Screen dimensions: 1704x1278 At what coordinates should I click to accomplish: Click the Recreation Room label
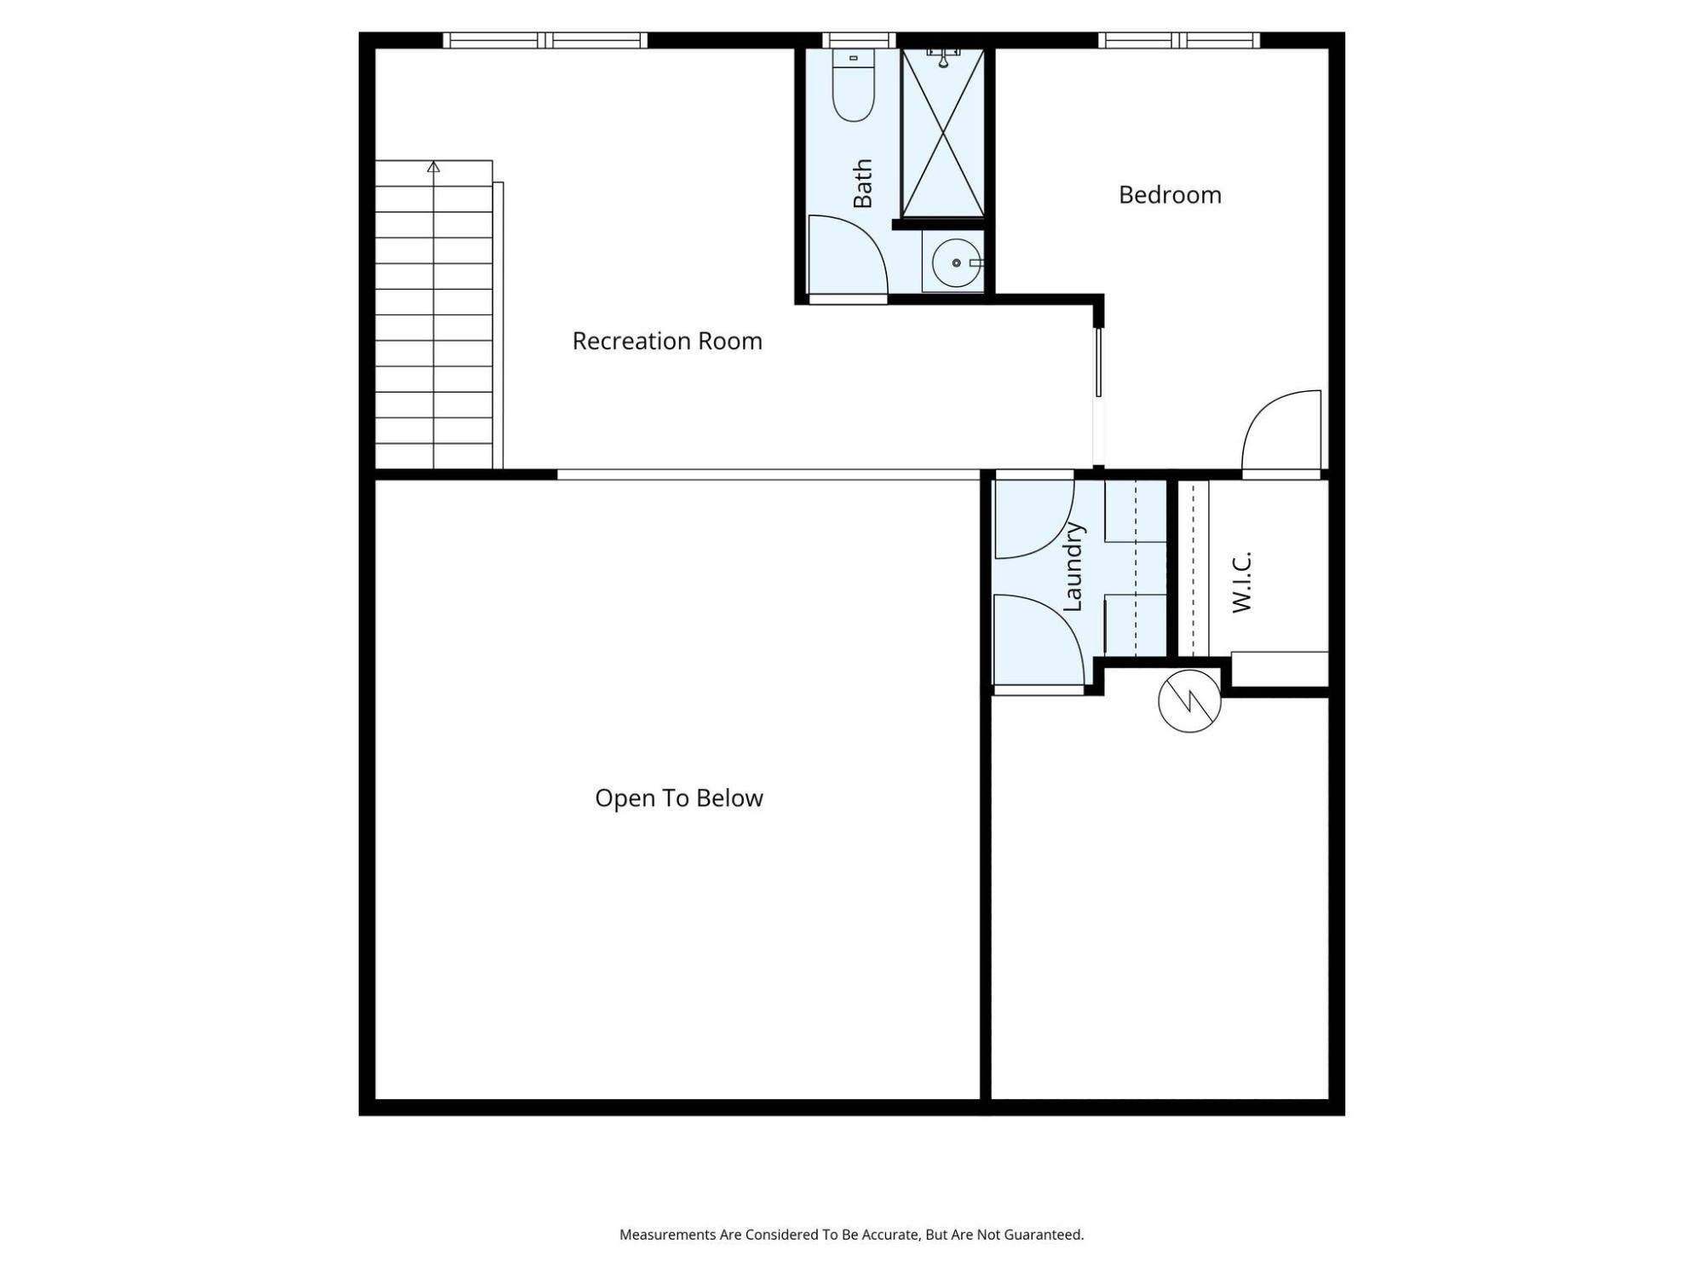pyautogui.click(x=667, y=341)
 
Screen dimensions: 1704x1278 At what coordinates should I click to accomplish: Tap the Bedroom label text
pyautogui.click(x=1170, y=195)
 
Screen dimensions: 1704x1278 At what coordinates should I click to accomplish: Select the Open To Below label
pyautogui.click(x=679, y=798)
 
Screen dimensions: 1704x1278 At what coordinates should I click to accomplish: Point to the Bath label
pyautogui.click(x=863, y=183)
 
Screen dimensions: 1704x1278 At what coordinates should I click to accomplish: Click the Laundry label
pyautogui.click(x=1073, y=567)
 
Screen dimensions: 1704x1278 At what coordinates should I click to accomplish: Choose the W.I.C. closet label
pyautogui.click(x=1241, y=582)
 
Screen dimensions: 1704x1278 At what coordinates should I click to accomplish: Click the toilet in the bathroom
pyautogui.click(x=853, y=85)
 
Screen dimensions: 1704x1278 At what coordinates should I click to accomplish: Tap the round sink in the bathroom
pyautogui.click(x=956, y=263)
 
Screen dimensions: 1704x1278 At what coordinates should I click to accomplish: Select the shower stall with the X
pyautogui.click(x=943, y=133)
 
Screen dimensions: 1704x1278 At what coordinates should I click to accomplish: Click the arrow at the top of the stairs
pyautogui.click(x=434, y=167)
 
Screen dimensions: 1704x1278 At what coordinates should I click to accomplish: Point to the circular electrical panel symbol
pyautogui.click(x=1189, y=701)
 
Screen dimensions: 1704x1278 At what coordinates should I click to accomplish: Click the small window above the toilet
pyautogui.click(x=859, y=40)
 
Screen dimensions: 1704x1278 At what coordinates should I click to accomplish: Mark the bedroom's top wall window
pyautogui.click(x=1179, y=40)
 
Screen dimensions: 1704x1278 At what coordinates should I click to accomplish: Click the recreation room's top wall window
pyautogui.click(x=545, y=40)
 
